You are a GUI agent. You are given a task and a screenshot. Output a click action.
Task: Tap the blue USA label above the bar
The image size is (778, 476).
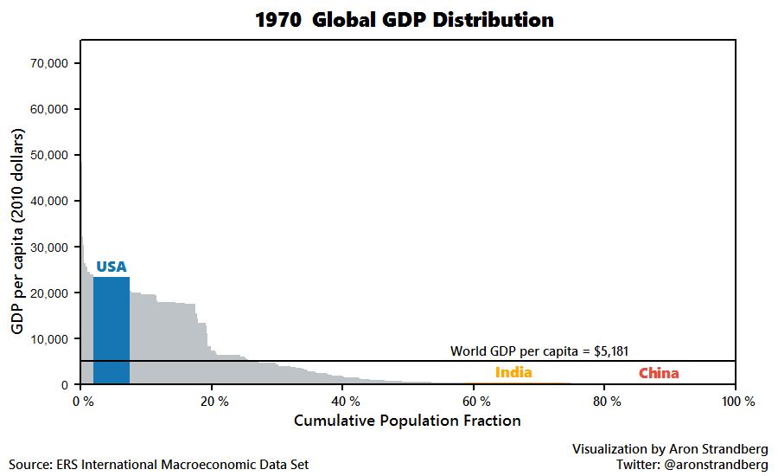pos(112,267)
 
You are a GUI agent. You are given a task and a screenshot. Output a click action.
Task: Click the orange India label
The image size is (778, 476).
pos(513,373)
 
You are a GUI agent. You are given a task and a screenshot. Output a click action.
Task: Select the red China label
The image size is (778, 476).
pos(659,374)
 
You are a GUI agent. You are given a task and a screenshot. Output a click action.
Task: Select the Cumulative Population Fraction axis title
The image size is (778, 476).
pos(407,421)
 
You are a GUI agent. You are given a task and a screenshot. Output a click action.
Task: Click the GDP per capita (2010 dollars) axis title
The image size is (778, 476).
pos(18,232)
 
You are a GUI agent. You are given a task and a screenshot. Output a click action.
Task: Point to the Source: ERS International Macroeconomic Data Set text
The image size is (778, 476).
pos(159,465)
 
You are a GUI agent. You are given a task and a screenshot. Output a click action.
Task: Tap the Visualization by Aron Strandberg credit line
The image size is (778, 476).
pos(670,448)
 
